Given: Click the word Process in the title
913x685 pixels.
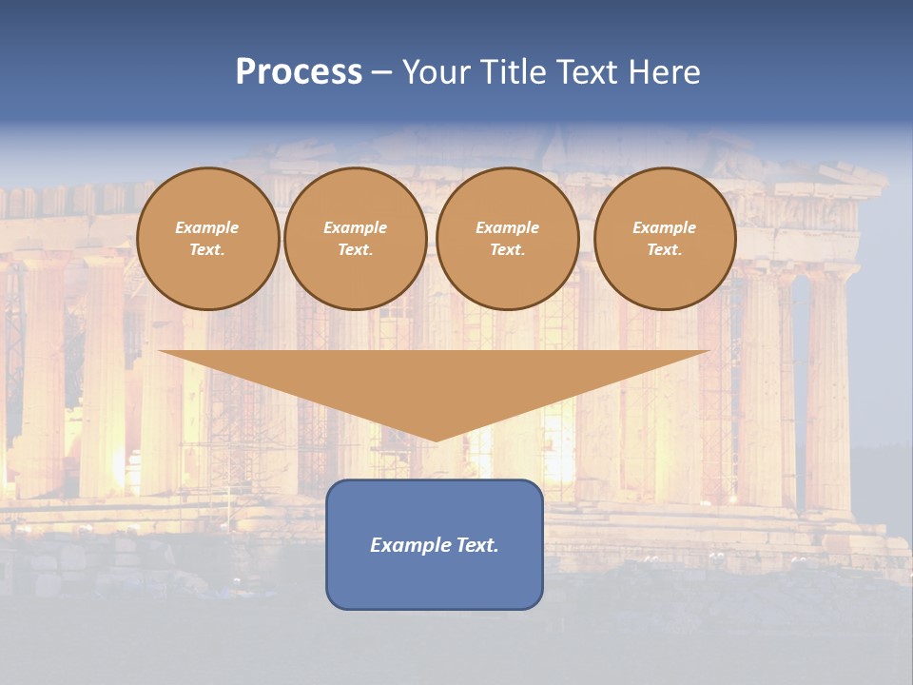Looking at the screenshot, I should [299, 72].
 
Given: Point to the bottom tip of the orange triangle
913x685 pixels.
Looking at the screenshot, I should [436, 440].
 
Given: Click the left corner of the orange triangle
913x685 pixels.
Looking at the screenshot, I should [162, 352].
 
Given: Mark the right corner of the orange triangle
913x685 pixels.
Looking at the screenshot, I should [707, 352].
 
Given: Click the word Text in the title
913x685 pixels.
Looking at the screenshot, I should [589, 72].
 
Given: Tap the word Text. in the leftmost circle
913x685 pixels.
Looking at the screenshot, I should [207, 250].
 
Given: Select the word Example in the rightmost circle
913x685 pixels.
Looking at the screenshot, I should [664, 227].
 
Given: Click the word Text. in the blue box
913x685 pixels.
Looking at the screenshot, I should [476, 545].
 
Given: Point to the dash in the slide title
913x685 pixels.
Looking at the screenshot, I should [381, 72].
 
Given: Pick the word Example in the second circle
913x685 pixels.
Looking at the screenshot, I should [355, 227].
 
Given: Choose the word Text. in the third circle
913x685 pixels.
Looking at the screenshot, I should [507, 250].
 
